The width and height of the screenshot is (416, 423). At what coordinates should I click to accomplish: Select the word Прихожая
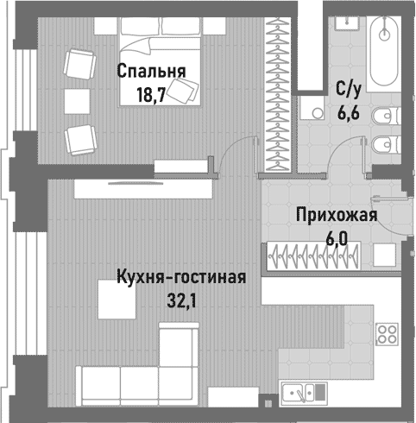coord(335,216)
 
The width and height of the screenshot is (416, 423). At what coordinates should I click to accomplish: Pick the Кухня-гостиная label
coord(181,279)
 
